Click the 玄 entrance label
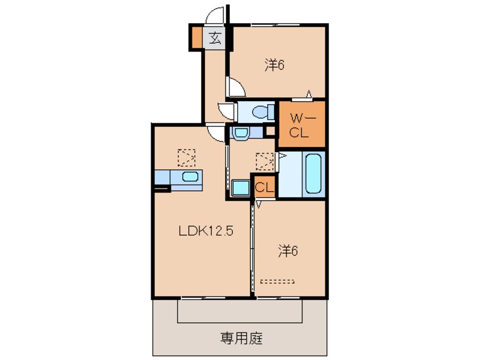click(x=215, y=38)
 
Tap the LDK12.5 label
click(x=206, y=231)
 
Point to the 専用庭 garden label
click(x=242, y=338)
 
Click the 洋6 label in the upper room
click(x=275, y=65)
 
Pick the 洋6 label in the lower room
click(x=288, y=251)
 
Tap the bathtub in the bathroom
click(x=314, y=173)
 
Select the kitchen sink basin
click(x=190, y=177)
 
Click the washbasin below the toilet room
click(x=241, y=133)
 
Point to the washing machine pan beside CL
click(x=241, y=188)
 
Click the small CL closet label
click(x=264, y=187)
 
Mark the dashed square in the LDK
click(x=187, y=157)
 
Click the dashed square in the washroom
click(x=265, y=161)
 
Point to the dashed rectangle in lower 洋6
click(x=277, y=281)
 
